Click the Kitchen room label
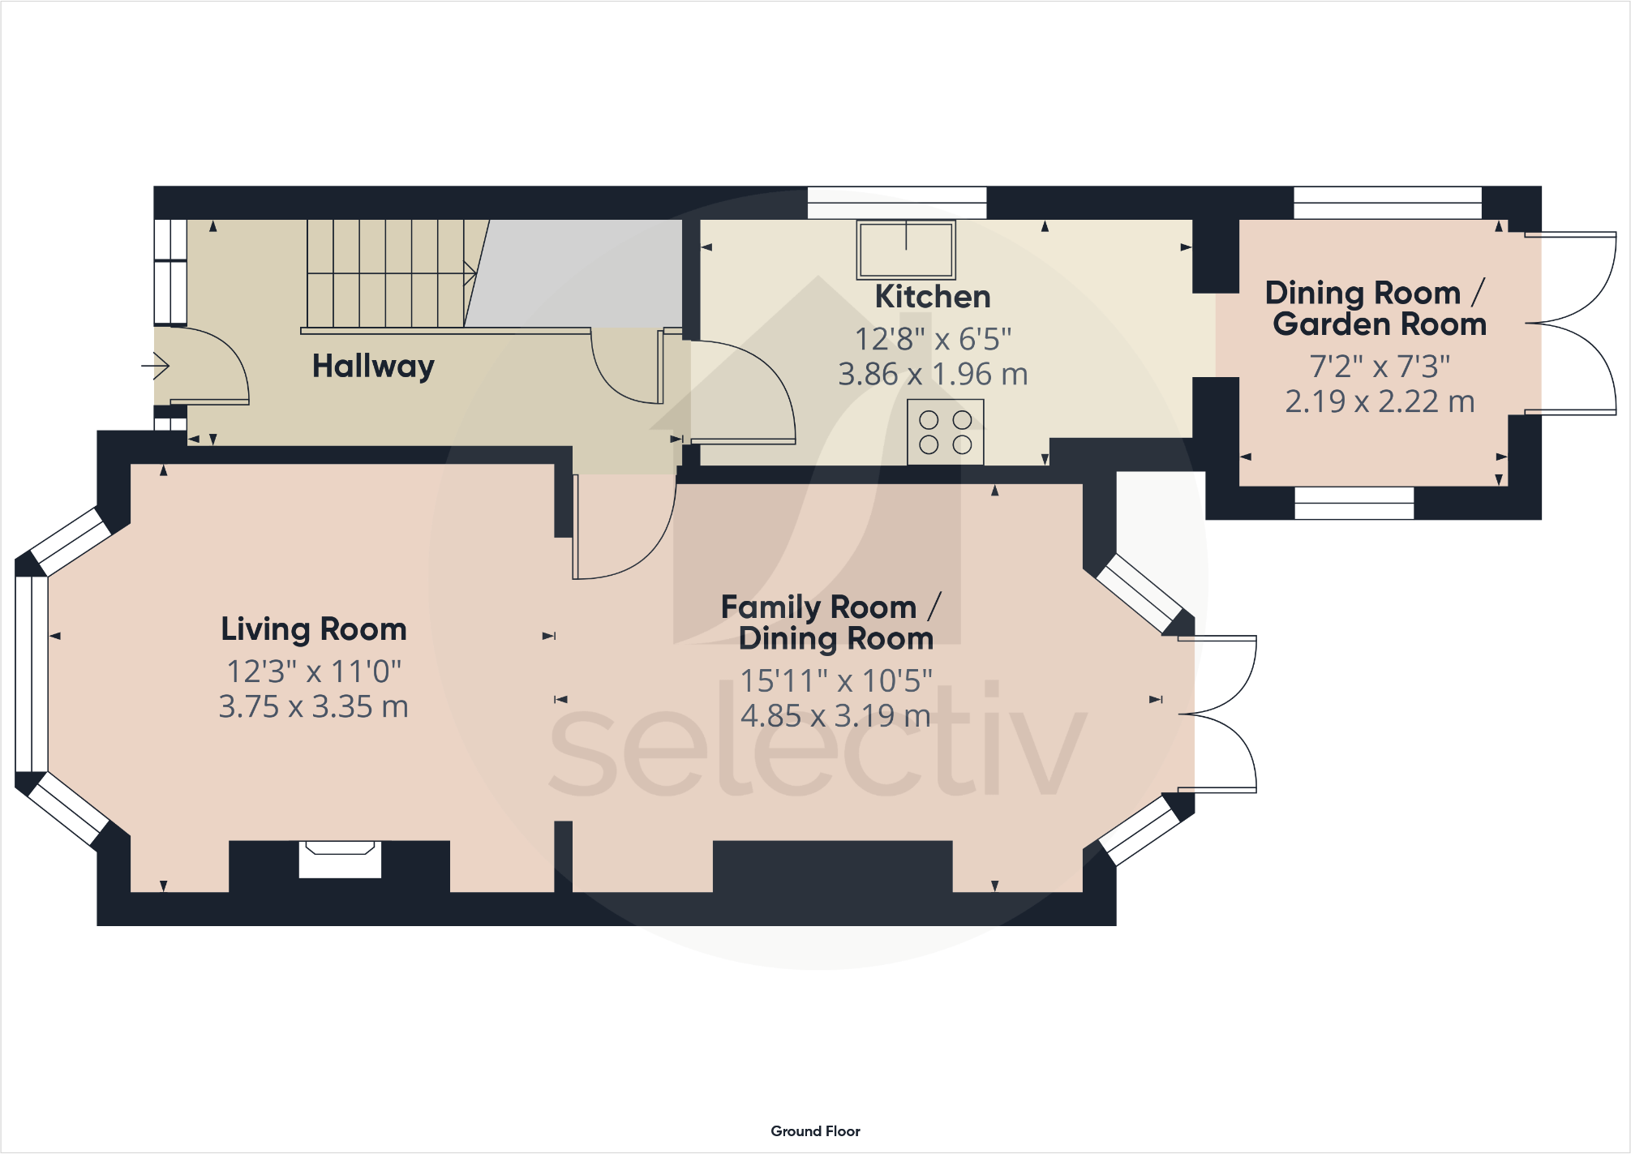pos(933,297)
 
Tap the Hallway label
pos(373,366)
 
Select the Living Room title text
pos(314,629)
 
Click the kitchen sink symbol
pos(906,249)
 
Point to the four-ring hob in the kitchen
pos(945,431)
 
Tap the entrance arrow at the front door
pos(156,366)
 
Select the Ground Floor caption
pos(815,1130)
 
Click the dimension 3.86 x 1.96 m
pos(933,375)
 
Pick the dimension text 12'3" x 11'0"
pos(314,671)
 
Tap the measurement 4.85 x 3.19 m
pos(835,716)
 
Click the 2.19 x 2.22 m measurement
pos(1380,401)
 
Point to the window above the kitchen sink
pos(896,202)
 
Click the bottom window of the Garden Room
pos(1354,503)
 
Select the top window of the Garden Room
pos(1387,202)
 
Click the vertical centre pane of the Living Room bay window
pos(32,673)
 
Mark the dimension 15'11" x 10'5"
pos(835,681)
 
